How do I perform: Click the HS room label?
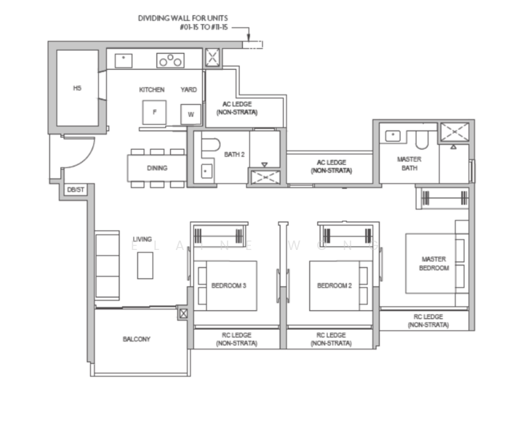click(x=77, y=88)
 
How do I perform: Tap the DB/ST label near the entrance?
click(x=76, y=190)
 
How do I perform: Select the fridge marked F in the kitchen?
click(x=154, y=113)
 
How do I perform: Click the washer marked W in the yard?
click(x=191, y=114)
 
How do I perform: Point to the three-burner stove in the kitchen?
click(x=170, y=60)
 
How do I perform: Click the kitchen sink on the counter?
click(x=124, y=61)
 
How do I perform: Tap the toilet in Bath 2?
click(x=210, y=145)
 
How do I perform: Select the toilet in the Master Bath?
click(x=422, y=140)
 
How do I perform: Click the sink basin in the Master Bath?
click(x=393, y=136)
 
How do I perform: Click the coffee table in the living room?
click(x=145, y=266)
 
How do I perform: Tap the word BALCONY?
click(x=137, y=339)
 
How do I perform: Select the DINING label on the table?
click(x=157, y=168)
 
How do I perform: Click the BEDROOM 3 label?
click(x=228, y=286)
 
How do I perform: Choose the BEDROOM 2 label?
click(x=334, y=286)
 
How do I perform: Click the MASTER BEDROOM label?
click(x=434, y=264)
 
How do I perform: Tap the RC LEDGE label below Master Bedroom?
click(x=428, y=321)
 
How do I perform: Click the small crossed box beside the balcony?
click(x=183, y=313)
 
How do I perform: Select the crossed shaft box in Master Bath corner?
click(x=454, y=132)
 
